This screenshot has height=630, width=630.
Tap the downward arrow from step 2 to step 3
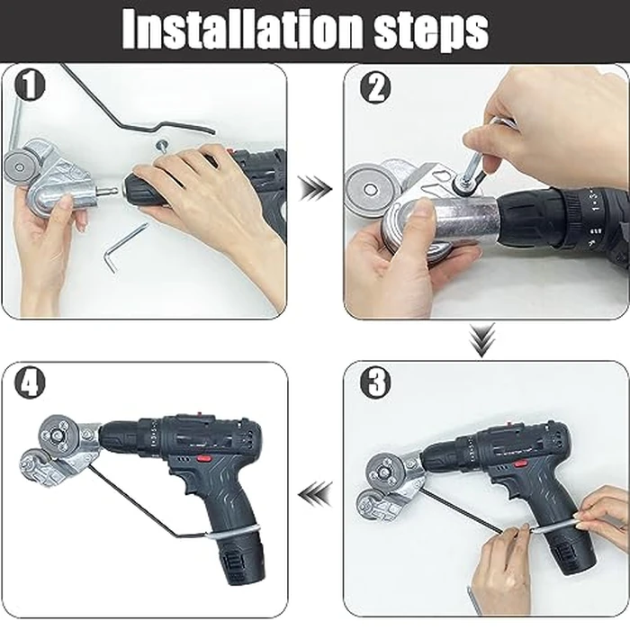(x=485, y=337)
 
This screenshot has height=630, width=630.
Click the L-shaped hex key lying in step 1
(x=122, y=247)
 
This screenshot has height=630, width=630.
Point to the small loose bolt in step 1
(x=161, y=144)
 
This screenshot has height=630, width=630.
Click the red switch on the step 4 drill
(x=204, y=457)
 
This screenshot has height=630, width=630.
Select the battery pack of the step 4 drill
(x=238, y=558)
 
